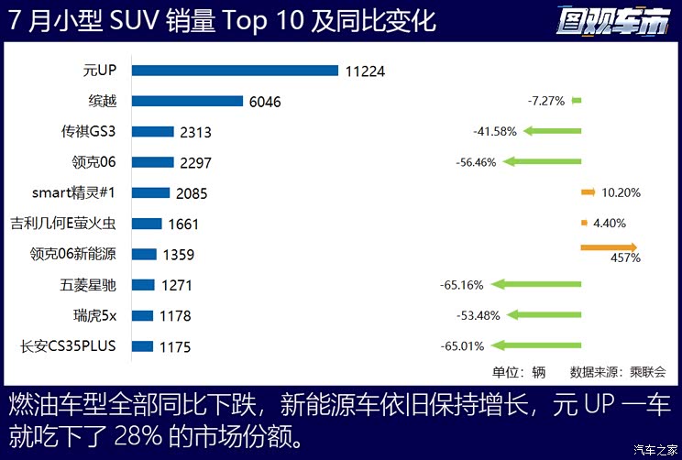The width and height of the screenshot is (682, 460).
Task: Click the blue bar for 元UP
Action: click(235, 71)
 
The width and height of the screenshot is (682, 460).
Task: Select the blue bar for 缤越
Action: click(187, 101)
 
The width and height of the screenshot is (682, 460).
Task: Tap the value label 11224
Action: click(368, 71)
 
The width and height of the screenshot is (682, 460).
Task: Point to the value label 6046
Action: click(265, 102)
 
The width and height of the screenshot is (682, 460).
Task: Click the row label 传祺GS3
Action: click(92, 131)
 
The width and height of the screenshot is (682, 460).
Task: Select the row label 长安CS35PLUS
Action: click(72, 346)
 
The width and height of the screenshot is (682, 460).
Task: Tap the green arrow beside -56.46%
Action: click(543, 162)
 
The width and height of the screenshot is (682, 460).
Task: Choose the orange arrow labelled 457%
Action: click(609, 246)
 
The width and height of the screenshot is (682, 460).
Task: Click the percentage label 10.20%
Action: click(621, 192)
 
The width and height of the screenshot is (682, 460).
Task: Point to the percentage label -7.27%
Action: click(547, 100)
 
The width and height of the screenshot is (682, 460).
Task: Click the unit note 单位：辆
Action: click(519, 372)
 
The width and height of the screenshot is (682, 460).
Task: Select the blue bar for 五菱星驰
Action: click(143, 285)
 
